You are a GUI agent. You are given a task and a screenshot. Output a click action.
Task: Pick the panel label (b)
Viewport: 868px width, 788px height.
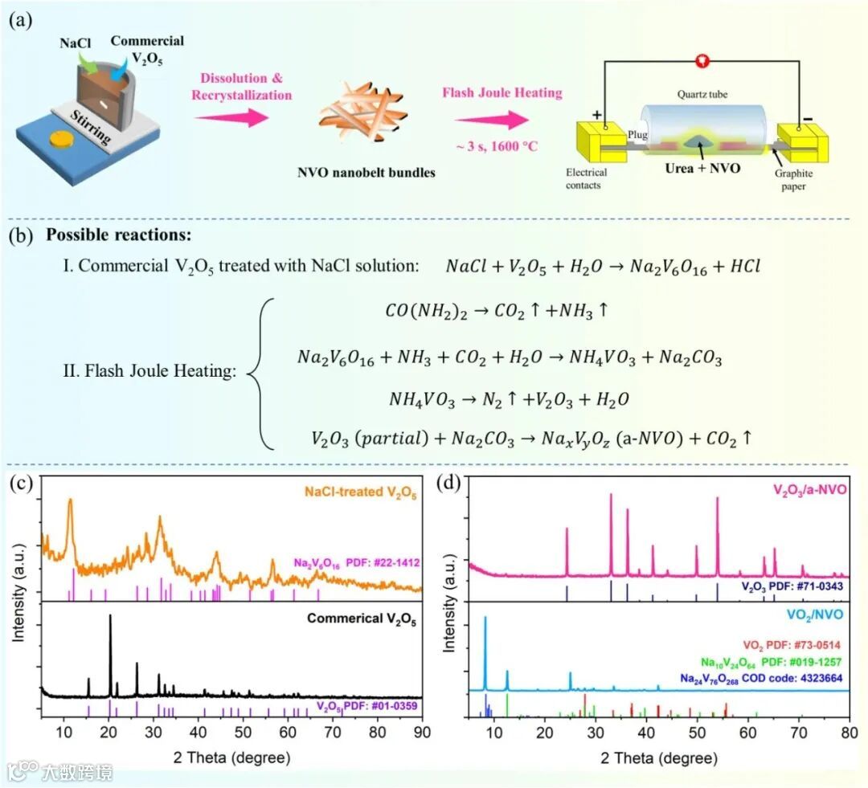[x=20, y=237]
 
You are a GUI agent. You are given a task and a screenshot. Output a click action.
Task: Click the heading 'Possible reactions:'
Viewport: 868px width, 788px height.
[x=118, y=237]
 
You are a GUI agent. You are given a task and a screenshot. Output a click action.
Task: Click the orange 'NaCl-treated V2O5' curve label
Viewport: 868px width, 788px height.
[x=360, y=492]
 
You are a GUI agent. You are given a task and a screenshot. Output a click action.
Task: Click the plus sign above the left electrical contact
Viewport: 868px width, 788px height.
[x=596, y=115]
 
